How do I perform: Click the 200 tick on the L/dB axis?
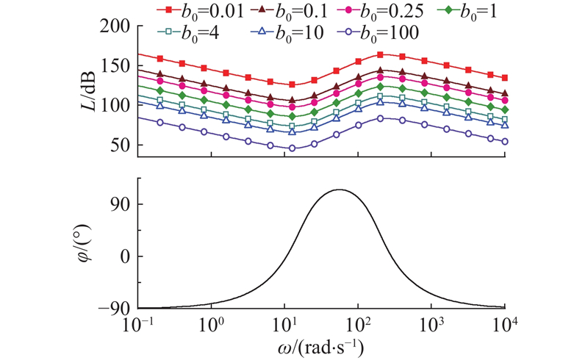coord(117,26)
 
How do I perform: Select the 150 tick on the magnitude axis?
coord(117,66)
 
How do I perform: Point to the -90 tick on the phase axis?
coord(117,308)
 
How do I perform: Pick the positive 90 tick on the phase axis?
coord(122,204)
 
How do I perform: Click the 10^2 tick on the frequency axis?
coord(358,323)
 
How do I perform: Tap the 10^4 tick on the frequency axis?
coord(504,323)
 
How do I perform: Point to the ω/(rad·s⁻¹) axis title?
coord(321,345)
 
